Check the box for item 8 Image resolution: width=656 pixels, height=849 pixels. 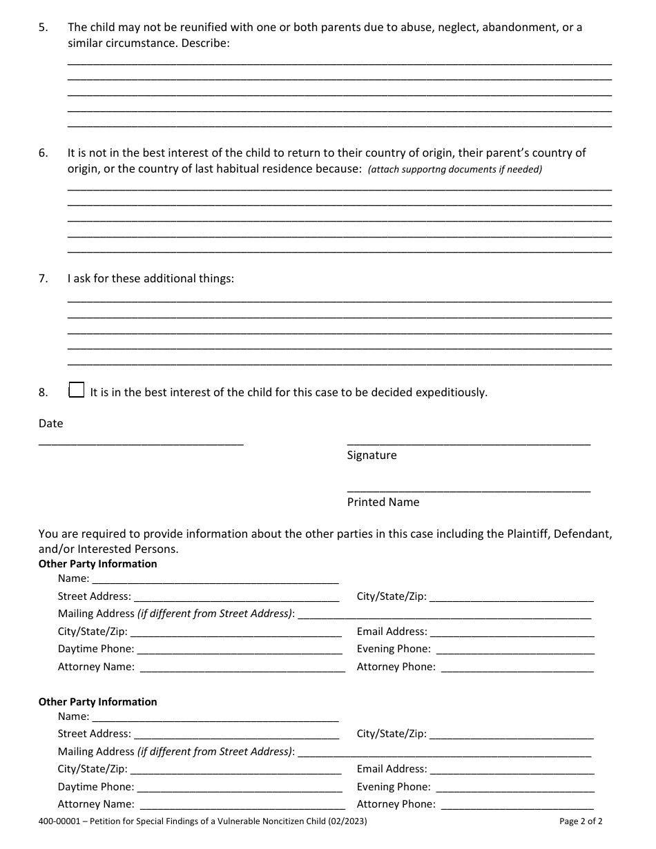(x=77, y=391)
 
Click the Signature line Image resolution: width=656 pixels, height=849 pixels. (x=468, y=441)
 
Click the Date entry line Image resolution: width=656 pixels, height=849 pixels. (x=141, y=441)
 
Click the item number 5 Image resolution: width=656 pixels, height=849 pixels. (x=43, y=28)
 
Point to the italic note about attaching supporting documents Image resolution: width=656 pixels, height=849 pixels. (x=455, y=170)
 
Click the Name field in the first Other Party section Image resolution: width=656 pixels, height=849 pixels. (x=215, y=579)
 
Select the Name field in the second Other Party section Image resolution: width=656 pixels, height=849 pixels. (x=215, y=717)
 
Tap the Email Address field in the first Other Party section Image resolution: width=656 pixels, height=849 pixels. (x=512, y=632)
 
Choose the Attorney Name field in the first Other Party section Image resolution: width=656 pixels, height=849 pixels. (x=242, y=667)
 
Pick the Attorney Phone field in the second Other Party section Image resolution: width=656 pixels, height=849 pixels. (x=517, y=804)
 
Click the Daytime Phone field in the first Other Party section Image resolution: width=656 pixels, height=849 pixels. (x=240, y=650)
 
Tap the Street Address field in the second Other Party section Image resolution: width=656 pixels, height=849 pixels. (x=236, y=734)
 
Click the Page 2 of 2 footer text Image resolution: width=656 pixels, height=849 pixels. (x=581, y=822)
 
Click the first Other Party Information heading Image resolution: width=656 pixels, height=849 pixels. (x=97, y=564)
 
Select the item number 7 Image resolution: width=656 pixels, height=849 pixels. (x=43, y=279)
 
